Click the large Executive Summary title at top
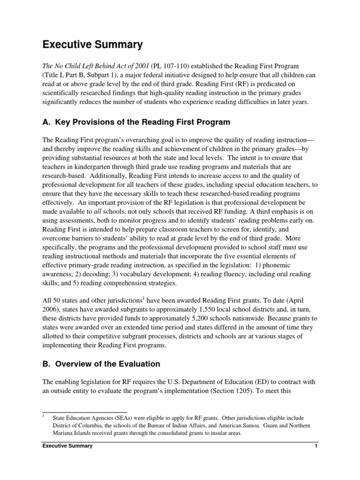pos(92,45)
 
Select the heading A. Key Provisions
pos(136,122)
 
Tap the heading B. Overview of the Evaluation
pos(101,364)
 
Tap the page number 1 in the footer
pos(316,446)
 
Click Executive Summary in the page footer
pos(67,446)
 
